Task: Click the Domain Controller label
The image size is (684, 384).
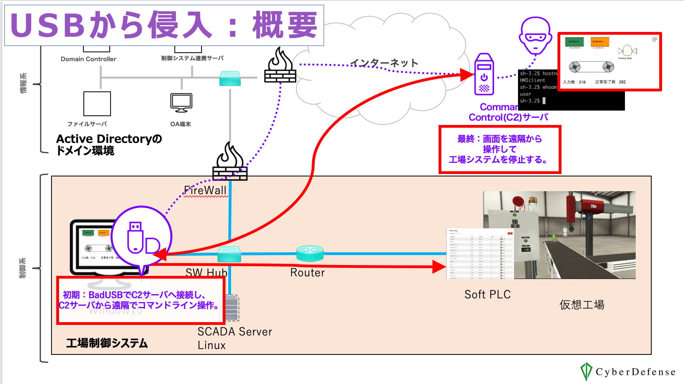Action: [x=89, y=59]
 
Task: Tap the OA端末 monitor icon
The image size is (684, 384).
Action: [x=181, y=103]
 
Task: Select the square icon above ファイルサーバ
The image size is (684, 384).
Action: [x=97, y=103]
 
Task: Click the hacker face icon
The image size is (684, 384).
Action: [x=536, y=36]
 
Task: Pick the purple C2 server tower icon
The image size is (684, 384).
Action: [x=484, y=75]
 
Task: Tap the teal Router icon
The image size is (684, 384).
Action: [x=310, y=253]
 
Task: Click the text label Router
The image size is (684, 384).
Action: [x=307, y=273]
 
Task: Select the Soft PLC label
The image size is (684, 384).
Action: [x=487, y=295]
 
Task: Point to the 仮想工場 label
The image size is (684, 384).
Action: [x=582, y=305]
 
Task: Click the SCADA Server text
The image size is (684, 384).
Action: [x=235, y=332]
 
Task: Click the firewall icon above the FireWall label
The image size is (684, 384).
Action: [x=230, y=163]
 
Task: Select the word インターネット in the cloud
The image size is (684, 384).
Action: [x=384, y=63]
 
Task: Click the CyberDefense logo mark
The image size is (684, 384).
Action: [x=586, y=372]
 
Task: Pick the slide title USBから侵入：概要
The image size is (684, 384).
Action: [x=164, y=25]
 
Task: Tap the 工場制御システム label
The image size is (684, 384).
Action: [x=107, y=343]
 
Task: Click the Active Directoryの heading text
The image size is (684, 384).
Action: [x=109, y=139]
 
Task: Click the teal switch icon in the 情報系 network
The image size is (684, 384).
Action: [x=230, y=78]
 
